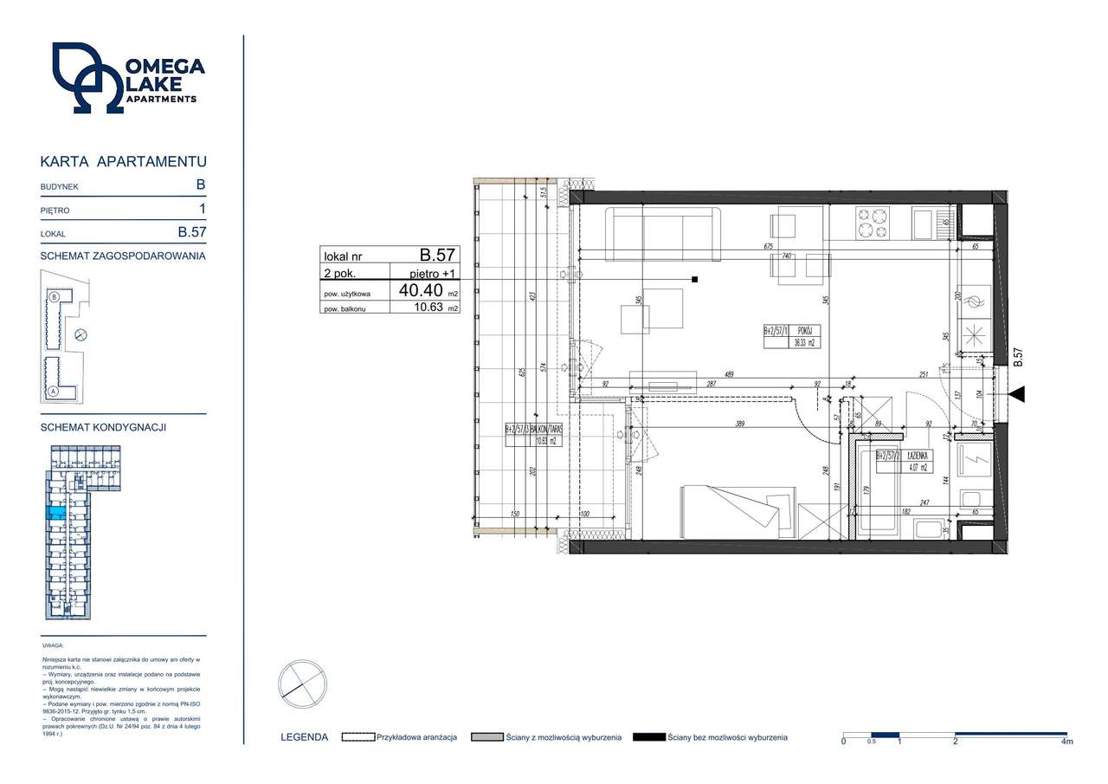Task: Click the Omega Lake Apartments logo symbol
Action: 87,78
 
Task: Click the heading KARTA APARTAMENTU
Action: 124,162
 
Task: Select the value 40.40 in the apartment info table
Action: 422,291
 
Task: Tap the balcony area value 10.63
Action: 424,308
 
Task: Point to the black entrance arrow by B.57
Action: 1016,395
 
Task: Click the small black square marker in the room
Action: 695,279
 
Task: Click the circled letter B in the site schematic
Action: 55,296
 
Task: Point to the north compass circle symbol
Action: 302,685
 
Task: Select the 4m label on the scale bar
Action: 1067,742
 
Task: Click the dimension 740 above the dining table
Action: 787,256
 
